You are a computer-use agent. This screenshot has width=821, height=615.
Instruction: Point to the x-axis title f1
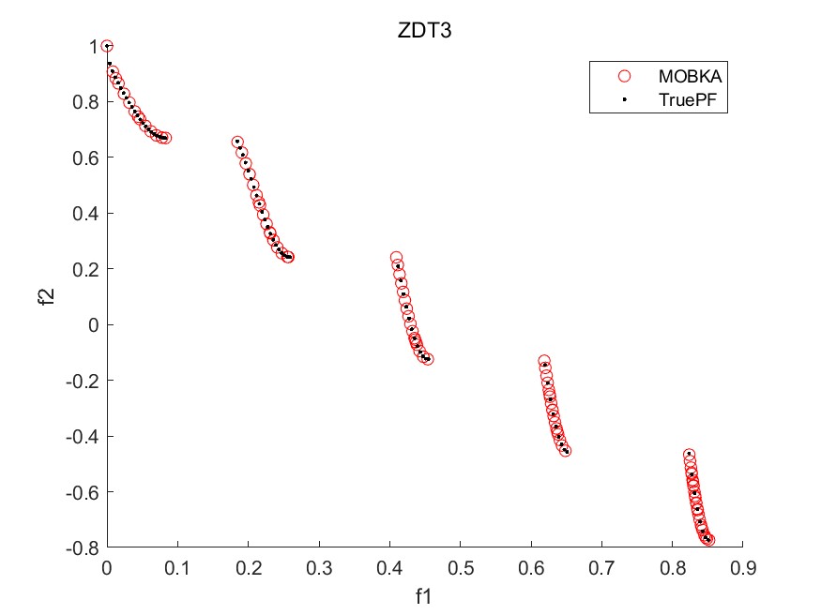(x=425, y=594)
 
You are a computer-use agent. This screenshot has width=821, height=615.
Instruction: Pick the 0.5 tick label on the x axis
(x=460, y=566)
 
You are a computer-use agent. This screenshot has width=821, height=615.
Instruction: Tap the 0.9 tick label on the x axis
(x=742, y=566)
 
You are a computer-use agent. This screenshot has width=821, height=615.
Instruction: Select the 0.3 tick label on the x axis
(x=319, y=566)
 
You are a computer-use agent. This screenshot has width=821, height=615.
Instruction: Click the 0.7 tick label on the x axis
(x=601, y=566)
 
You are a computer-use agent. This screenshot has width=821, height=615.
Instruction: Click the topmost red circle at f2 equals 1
(x=107, y=47)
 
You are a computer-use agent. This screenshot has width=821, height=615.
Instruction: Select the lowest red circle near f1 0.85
(x=708, y=540)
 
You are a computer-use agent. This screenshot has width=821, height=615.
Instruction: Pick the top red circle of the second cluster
(x=238, y=142)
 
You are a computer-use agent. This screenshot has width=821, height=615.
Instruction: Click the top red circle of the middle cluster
(x=396, y=258)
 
